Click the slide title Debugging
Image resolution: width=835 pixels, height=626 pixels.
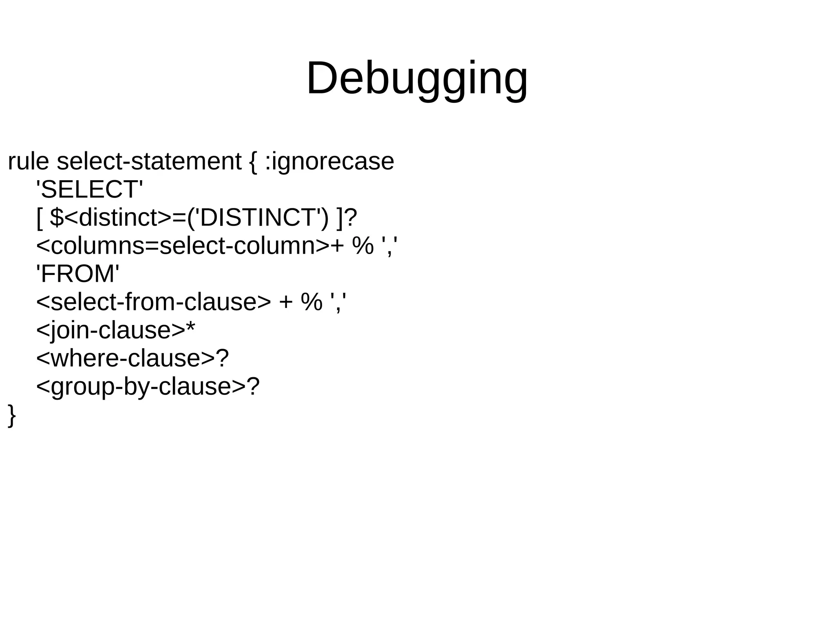pyautogui.click(x=417, y=78)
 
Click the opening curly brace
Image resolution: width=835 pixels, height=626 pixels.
pyautogui.click(x=253, y=162)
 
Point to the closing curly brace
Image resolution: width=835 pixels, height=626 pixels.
pyautogui.click(x=12, y=415)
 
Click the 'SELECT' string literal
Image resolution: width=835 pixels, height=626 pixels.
pyautogui.click(x=90, y=189)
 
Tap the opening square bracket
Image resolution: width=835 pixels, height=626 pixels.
pyautogui.click(x=40, y=218)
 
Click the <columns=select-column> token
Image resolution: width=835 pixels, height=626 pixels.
pyautogui.click(x=183, y=246)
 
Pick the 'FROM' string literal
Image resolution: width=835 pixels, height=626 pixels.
pyautogui.click(x=78, y=274)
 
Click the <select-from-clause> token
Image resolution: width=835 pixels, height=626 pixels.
pyautogui.click(x=153, y=302)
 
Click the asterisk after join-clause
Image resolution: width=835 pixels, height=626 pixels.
pyautogui.click(x=190, y=327)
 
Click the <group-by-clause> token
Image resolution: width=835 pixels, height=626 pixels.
pyautogui.click(x=141, y=387)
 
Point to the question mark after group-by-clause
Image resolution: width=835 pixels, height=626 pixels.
pyautogui.click(x=253, y=386)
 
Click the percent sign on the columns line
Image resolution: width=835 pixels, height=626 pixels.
pyautogui.click(x=363, y=246)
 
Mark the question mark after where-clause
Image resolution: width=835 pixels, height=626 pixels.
pyautogui.click(x=222, y=358)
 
